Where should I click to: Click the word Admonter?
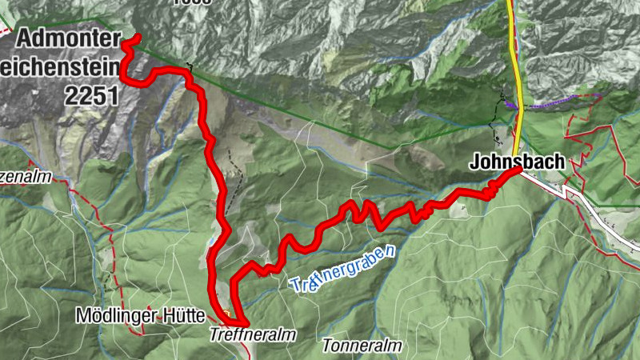click(67, 38)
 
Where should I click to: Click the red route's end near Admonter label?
click(138, 38)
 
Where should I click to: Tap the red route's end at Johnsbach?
click(518, 170)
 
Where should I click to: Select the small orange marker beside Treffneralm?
click(227, 312)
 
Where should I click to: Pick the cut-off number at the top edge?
click(191, 2)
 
